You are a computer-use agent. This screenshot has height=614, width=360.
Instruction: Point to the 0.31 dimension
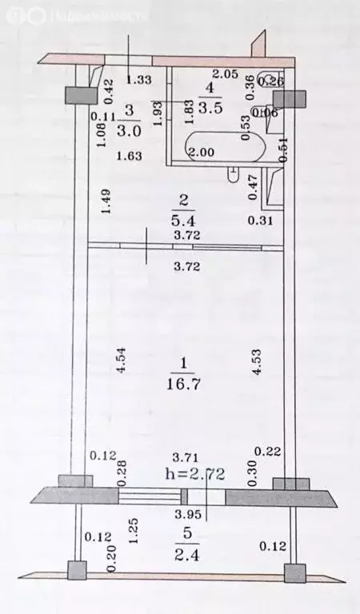[259, 220]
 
